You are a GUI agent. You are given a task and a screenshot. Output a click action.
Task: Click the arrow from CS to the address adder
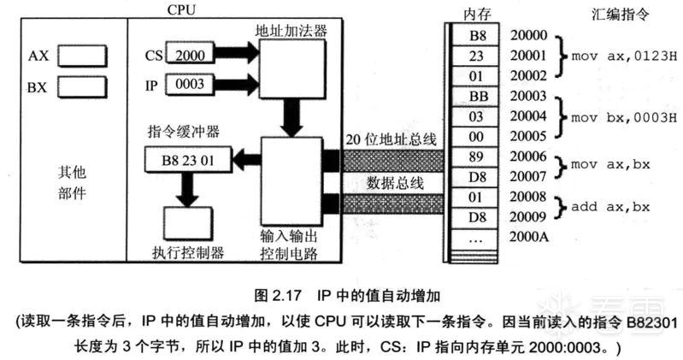tap(233, 54)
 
